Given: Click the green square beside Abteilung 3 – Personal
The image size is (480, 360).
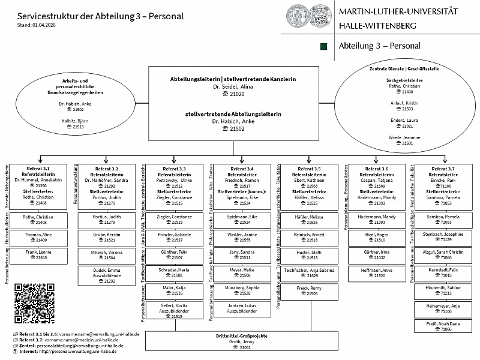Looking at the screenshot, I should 324,46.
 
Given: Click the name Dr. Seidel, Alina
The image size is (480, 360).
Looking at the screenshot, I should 233,87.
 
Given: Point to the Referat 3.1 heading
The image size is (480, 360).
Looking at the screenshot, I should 38,169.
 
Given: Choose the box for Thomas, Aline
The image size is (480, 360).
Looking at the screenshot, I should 38,237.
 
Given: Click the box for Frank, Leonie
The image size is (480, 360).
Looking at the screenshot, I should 38,254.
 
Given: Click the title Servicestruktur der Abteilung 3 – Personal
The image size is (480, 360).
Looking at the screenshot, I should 101,16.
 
